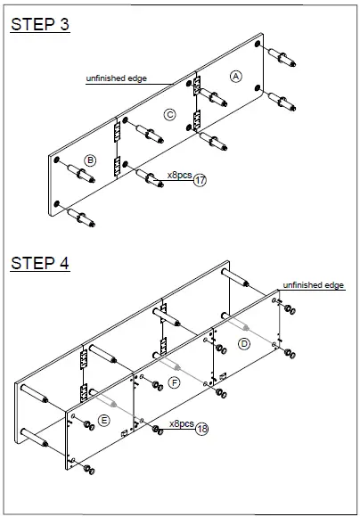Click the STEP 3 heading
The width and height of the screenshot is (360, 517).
(39, 24)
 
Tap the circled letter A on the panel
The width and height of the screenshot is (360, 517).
(235, 77)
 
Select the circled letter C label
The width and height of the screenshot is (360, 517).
(169, 113)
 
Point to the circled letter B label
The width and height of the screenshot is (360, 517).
(90, 160)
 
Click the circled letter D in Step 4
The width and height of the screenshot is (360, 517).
(244, 342)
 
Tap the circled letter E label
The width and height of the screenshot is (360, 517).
(104, 419)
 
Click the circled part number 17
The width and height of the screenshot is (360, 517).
(200, 180)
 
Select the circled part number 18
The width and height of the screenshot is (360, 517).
(200, 429)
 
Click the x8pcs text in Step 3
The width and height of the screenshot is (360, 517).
(180, 176)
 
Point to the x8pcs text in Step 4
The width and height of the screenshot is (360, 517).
(181, 423)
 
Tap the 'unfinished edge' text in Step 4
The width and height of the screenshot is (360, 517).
(313, 284)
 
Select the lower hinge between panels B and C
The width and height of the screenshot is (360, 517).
(117, 166)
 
